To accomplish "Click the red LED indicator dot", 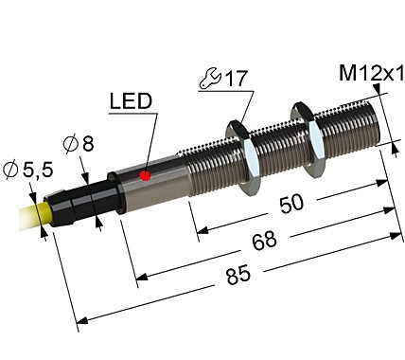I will [145, 175].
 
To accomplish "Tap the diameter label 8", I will [87, 144].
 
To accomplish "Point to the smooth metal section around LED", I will [151, 174].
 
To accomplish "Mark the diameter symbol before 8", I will [70, 145].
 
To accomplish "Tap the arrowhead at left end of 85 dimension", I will [79, 317].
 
